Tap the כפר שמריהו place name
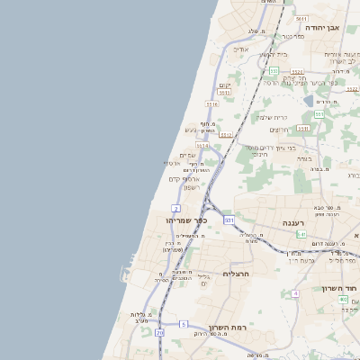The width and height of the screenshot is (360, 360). (185, 220)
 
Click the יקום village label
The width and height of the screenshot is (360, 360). (225, 85)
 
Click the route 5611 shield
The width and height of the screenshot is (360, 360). (301, 19)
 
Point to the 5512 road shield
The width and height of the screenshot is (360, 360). (227, 135)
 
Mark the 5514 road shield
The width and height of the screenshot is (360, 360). (202, 145)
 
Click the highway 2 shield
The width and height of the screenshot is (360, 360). (176, 208)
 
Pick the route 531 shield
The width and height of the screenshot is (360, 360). (229, 220)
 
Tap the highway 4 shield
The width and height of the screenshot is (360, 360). (295, 293)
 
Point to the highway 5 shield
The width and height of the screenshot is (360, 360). (184, 323)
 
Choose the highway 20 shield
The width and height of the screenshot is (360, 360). (160, 333)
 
